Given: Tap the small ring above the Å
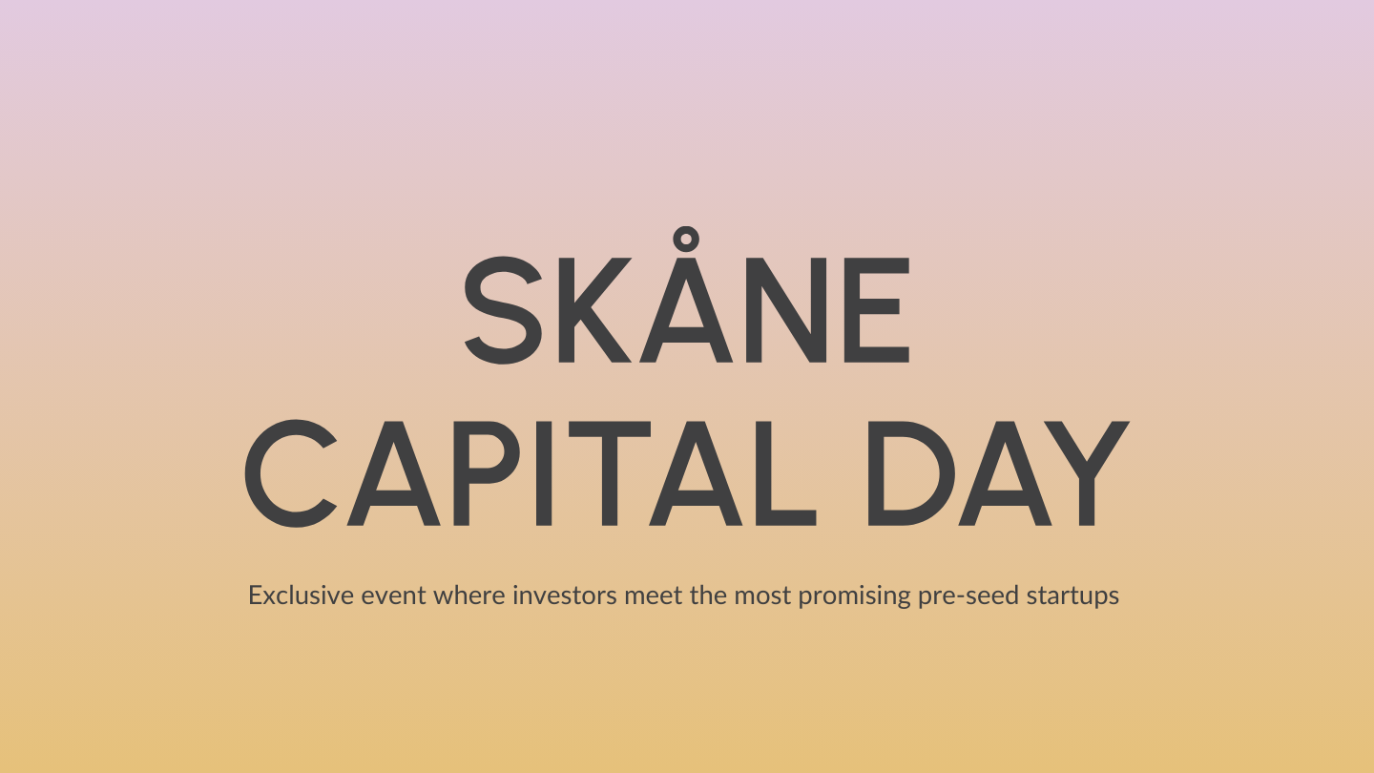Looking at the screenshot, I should [683, 240].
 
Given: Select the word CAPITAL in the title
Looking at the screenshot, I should [531, 474].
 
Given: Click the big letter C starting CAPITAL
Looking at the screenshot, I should [290, 474].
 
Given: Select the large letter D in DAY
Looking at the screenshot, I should [908, 474].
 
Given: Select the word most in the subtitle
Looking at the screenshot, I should [763, 596].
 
